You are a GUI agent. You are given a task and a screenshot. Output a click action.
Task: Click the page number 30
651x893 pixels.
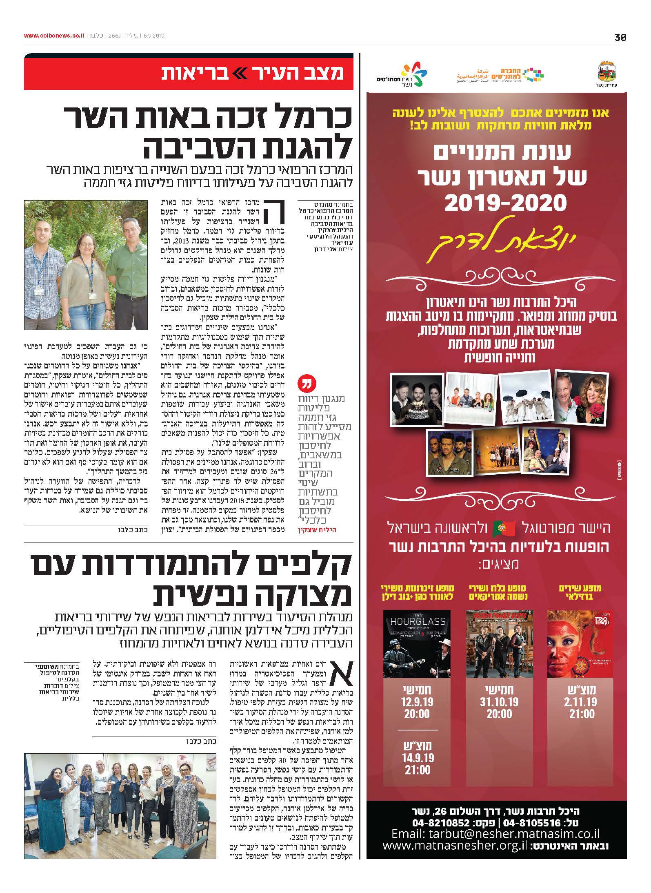(x=620, y=37)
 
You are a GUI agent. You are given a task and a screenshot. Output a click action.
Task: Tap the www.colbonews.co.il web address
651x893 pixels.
(x=54, y=36)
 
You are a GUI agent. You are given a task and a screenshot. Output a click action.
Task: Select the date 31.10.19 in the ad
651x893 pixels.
(x=499, y=702)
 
